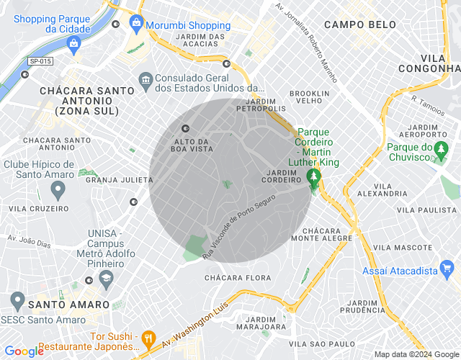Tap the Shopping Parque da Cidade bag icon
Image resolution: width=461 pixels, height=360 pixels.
coord(73,44)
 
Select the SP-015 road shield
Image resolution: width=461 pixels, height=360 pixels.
coord(40,62)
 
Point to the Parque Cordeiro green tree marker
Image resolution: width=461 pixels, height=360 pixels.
coord(313,177)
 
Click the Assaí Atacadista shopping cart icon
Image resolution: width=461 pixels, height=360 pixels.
coord(447,271)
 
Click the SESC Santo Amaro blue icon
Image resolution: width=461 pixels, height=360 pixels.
coord(17,300)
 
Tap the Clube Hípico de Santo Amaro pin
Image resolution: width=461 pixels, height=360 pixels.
coord(58,190)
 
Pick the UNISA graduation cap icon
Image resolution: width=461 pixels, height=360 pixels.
coord(106,277)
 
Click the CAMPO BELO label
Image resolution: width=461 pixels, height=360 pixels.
coord(359,24)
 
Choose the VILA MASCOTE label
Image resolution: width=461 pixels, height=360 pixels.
coord(403,247)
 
